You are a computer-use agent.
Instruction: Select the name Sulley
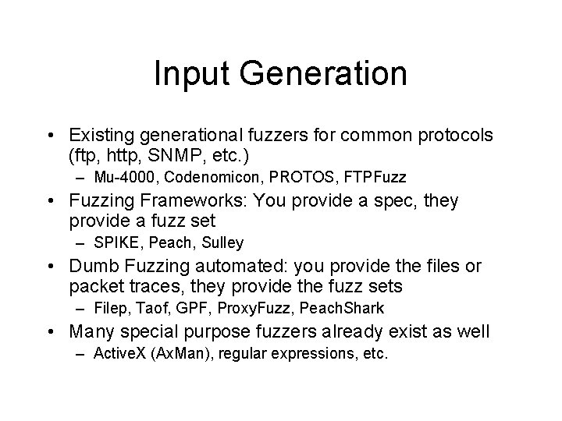pos(222,242)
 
